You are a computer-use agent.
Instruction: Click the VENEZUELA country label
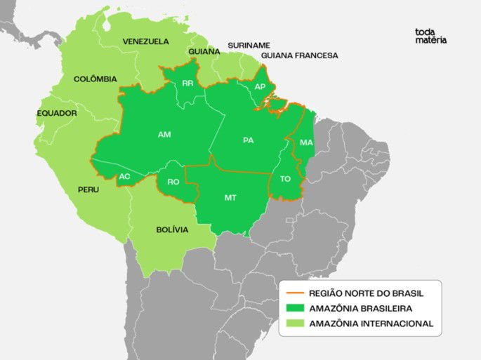[145, 41]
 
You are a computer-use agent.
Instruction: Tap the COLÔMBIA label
[95, 79]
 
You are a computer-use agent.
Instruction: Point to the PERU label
[88, 189]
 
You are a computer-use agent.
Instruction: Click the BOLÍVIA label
[172, 229]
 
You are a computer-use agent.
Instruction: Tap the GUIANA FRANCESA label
[299, 55]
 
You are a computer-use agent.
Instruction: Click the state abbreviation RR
[187, 84]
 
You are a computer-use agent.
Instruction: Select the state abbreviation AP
[260, 86]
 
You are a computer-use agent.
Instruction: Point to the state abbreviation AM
[164, 134]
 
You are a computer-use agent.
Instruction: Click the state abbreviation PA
[248, 140]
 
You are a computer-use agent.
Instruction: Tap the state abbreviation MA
[306, 142]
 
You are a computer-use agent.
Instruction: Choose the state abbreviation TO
[285, 179]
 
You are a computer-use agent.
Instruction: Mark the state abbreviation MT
[230, 198]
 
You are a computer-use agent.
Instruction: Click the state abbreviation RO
[173, 182]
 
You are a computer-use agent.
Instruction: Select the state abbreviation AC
[124, 176]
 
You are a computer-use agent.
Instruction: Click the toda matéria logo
[430, 36]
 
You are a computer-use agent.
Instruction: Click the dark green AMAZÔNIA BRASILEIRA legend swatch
[295, 308]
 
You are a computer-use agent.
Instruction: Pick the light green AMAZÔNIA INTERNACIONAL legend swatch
[295, 324]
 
